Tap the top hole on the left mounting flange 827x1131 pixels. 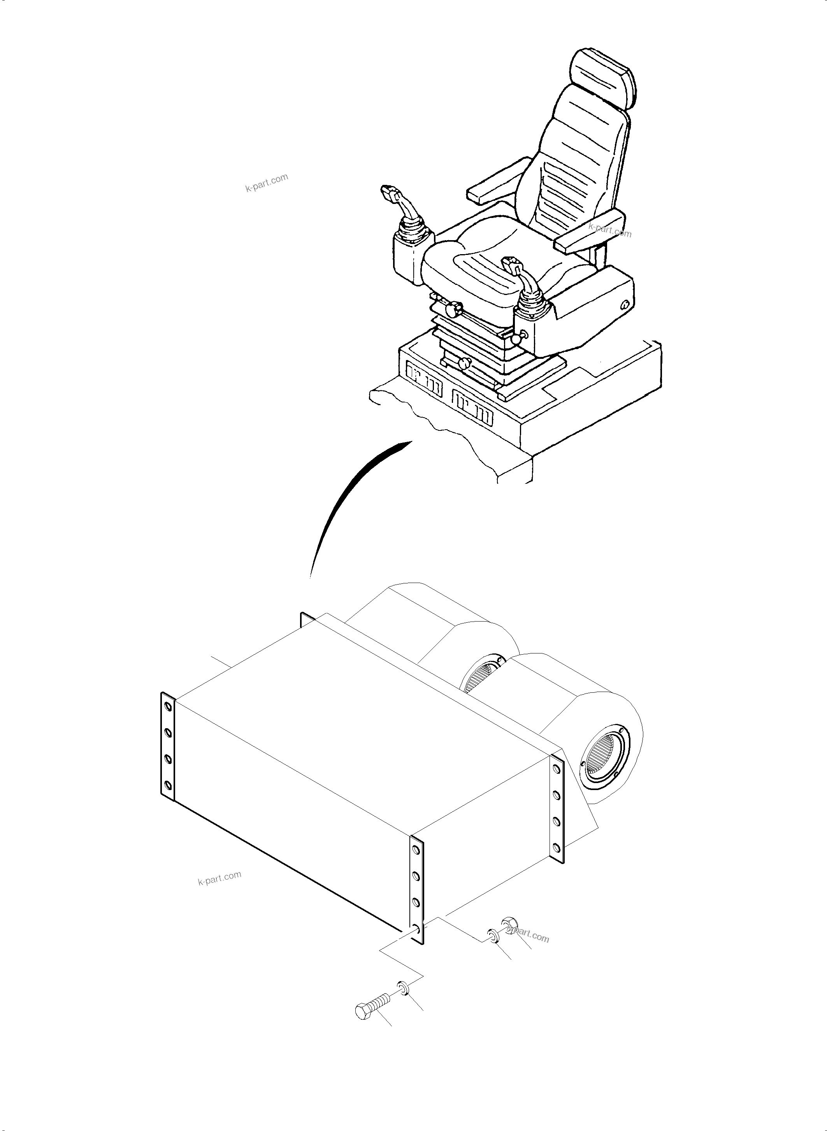168,707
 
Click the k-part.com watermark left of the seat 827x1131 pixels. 267,183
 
